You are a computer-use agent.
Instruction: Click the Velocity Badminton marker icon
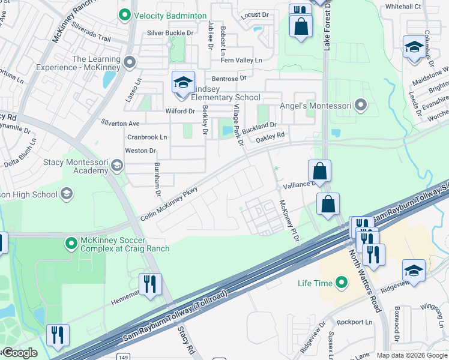tap(125, 15)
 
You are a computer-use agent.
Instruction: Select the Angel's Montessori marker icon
tap(360, 106)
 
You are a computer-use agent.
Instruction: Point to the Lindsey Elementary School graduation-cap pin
tap(183, 82)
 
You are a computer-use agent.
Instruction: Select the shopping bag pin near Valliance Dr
tap(320, 170)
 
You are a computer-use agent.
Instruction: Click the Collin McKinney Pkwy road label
tap(169, 205)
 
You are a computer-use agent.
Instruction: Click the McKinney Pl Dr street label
tap(288, 221)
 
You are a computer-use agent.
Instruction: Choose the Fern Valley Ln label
tap(242, 60)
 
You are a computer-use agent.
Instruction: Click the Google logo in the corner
tap(19, 353)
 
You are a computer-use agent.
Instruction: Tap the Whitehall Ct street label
tap(403, 6)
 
